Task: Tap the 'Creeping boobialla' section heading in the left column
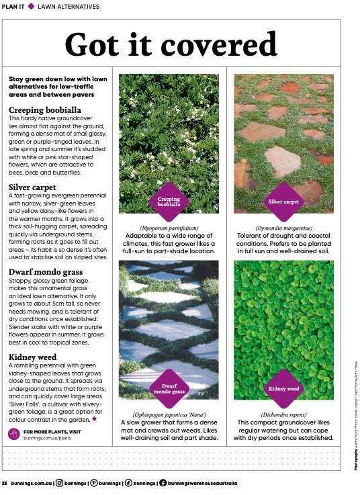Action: (x=44, y=109)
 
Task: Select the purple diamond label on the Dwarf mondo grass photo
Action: (x=169, y=388)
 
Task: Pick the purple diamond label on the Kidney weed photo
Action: (x=283, y=388)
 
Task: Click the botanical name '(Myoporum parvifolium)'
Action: (x=169, y=228)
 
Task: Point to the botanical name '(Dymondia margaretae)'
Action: (x=283, y=228)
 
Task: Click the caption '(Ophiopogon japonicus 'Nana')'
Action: (x=169, y=414)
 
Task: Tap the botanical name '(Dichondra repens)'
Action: (x=283, y=414)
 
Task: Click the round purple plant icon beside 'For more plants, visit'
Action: (x=13, y=435)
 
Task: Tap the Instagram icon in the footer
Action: (x=59, y=483)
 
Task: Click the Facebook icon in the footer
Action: (x=163, y=483)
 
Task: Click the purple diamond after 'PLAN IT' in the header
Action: (x=31, y=6)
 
